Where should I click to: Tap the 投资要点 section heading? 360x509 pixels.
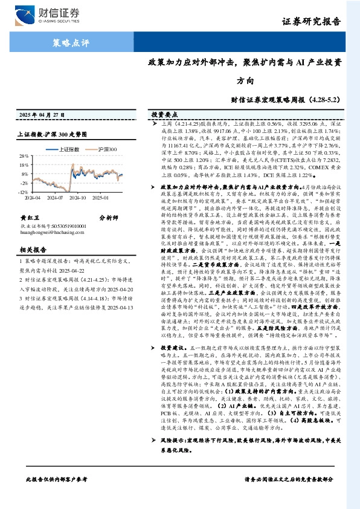tap(162, 114)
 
